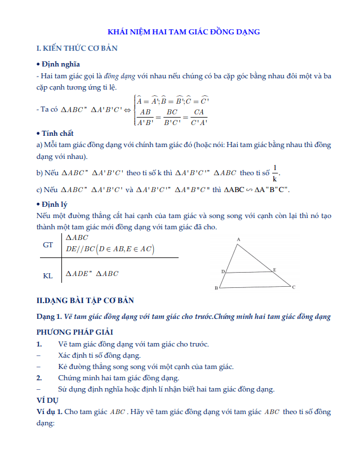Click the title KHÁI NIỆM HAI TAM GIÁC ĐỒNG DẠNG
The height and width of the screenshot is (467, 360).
click(x=184, y=32)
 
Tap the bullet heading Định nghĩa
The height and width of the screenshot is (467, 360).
click(x=60, y=64)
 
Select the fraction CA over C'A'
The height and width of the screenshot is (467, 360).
click(x=199, y=116)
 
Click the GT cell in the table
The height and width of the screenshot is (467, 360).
click(x=48, y=245)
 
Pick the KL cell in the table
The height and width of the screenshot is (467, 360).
click(x=48, y=276)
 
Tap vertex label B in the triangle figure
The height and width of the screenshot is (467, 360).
click(x=216, y=288)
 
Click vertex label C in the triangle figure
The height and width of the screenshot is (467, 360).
click(x=294, y=287)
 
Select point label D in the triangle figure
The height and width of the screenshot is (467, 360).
click(x=223, y=272)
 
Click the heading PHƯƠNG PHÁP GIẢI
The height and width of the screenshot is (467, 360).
click(x=75, y=332)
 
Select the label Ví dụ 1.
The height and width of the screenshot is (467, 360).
click(x=49, y=412)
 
